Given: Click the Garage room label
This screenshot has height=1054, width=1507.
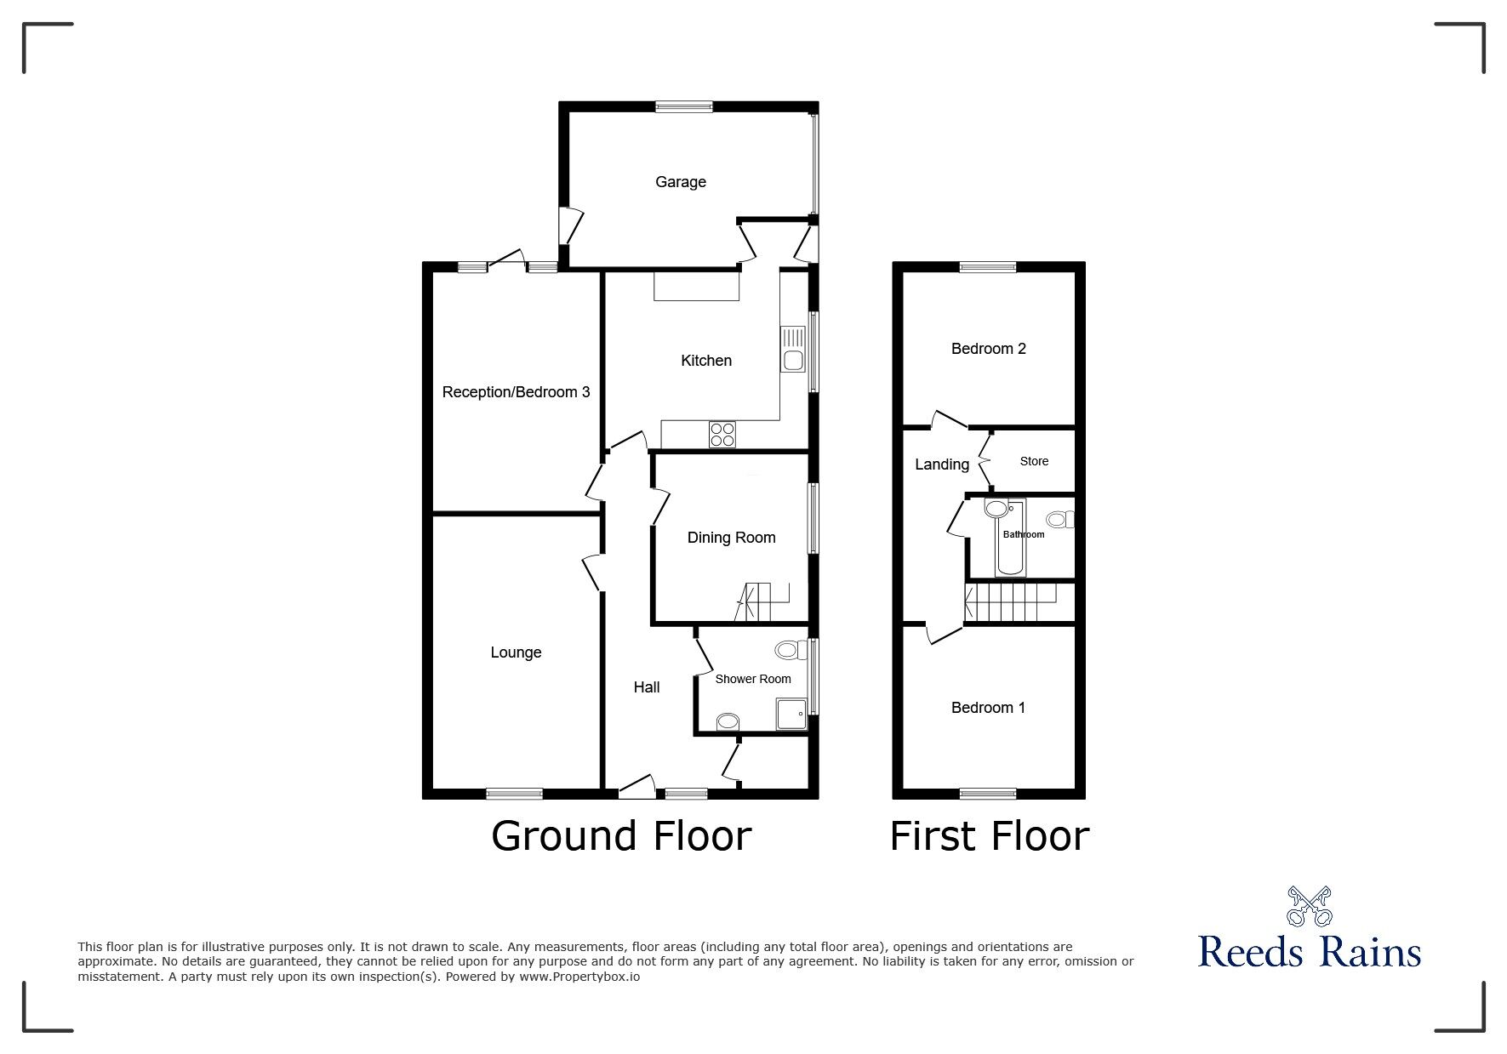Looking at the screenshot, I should (x=680, y=182).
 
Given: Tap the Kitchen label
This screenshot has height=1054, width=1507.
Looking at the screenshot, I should (x=705, y=361).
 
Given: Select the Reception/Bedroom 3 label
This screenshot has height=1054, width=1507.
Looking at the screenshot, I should (x=516, y=392).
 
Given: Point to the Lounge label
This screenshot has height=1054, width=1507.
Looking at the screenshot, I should (x=516, y=652).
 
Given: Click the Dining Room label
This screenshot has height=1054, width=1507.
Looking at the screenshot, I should (x=731, y=538).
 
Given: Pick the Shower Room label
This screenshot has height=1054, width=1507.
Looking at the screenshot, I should (x=752, y=679).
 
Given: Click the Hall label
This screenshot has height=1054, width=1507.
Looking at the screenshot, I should (x=646, y=687).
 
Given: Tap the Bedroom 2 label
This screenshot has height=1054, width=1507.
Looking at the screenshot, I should (x=988, y=349).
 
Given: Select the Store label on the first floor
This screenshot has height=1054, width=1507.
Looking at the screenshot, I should (x=1034, y=461).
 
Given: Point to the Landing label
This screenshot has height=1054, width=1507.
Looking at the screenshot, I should (x=941, y=464).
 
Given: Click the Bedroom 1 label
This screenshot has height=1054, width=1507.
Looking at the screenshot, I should (x=988, y=708).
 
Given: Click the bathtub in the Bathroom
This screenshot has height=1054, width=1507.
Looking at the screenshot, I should (x=1011, y=538).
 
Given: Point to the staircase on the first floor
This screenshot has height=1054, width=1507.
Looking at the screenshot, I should (x=1009, y=603).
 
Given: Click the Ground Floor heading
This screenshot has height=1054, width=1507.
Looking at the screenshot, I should (x=621, y=836).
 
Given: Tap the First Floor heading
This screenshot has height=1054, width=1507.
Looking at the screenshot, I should (x=989, y=836).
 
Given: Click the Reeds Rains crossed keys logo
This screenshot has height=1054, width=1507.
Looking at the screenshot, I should (x=1310, y=907).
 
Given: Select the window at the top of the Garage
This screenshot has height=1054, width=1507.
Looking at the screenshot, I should (x=683, y=106).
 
